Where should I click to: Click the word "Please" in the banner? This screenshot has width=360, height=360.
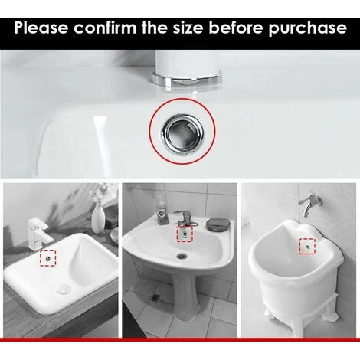click(x=41, y=28)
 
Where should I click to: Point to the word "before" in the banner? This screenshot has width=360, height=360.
click(x=236, y=28)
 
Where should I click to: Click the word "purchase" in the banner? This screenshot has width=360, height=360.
click(x=307, y=29)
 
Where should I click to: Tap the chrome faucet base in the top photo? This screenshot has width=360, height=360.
click(x=187, y=78)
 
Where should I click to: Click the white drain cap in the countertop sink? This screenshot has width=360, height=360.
click(x=63, y=290)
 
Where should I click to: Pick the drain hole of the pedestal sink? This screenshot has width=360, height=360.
click(x=182, y=255)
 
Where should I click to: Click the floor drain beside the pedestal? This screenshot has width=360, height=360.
click(x=155, y=296)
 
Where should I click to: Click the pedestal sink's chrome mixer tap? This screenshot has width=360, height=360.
click(x=185, y=218)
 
